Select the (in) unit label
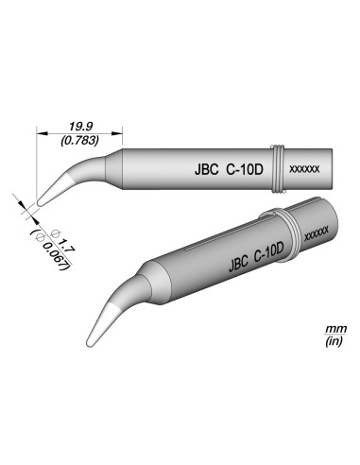pyautogui.click(x=333, y=341)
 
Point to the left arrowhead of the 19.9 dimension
pyautogui.click(x=37, y=131)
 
